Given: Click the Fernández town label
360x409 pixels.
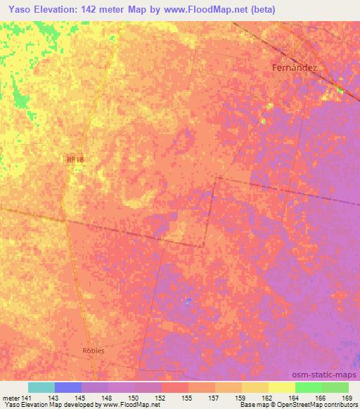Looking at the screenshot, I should point(295,68).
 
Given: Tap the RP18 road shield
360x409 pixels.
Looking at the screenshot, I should point(76,160).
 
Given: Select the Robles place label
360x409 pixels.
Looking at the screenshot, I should point(93,350).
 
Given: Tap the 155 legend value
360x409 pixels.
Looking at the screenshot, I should point(188,398).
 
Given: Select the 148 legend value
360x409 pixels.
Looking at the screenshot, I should point(108,398).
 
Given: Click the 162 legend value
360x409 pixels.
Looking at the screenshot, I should point(268,398).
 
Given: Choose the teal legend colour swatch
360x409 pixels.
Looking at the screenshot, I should point(41,387).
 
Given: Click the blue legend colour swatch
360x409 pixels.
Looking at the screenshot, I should point(68,387).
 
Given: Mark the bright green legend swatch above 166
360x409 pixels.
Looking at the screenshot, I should point(308,387).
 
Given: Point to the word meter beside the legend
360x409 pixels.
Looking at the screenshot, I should point(11,398).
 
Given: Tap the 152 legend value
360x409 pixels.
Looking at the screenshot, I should point(161,398).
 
